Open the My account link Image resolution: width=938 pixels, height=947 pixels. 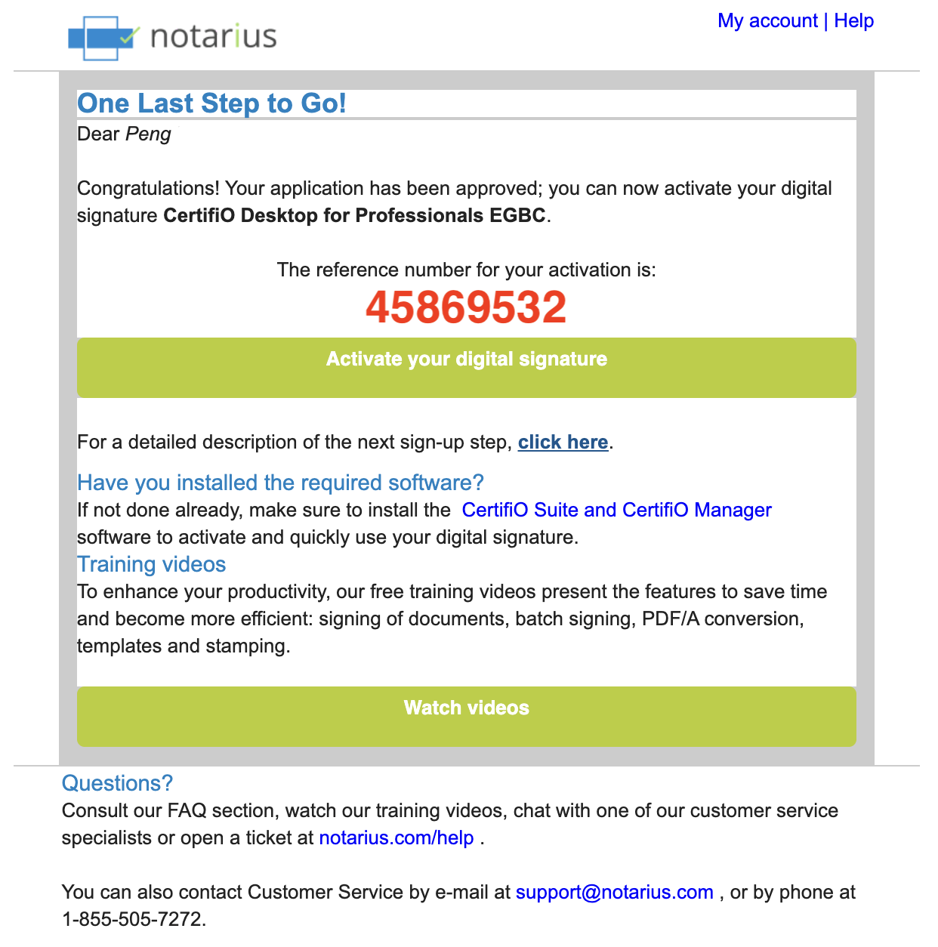(767, 21)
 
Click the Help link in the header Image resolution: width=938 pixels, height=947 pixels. (853, 21)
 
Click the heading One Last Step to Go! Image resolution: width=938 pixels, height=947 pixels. (211, 103)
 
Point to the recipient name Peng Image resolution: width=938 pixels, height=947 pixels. (148, 134)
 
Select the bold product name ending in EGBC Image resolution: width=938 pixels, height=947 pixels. (354, 216)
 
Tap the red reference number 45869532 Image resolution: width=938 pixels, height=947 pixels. (466, 307)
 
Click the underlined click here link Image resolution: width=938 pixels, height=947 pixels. (563, 443)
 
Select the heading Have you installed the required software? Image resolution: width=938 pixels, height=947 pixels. (280, 483)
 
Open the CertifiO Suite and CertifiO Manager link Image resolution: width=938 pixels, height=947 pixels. (616, 511)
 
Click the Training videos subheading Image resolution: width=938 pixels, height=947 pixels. (151, 565)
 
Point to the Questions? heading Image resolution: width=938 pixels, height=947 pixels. (117, 784)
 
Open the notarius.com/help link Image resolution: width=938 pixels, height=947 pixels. (396, 838)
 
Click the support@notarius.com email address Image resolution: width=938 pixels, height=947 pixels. (614, 893)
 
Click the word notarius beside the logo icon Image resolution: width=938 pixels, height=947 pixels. (214, 37)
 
